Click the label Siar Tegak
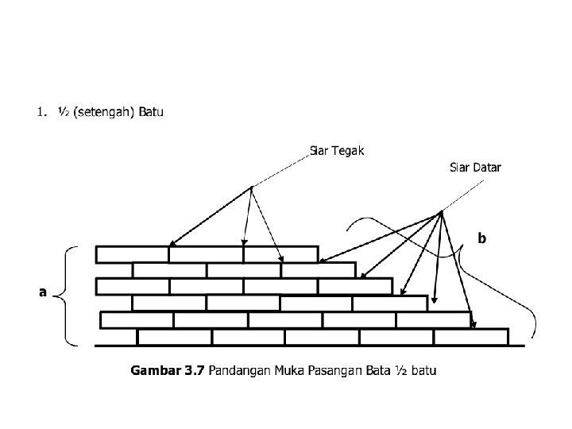[337, 151]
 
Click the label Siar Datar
[475, 168]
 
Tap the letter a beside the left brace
[43, 292]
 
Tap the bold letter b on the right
[481, 238]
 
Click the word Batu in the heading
[151, 112]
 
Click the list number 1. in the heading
[41, 112]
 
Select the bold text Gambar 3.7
[167, 370]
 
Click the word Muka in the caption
[296, 370]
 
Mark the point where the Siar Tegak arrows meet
[251, 187]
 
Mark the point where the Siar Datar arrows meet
[440, 213]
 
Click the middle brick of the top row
[206, 254]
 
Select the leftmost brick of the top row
[132, 254]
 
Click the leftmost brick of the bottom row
[175, 337]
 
